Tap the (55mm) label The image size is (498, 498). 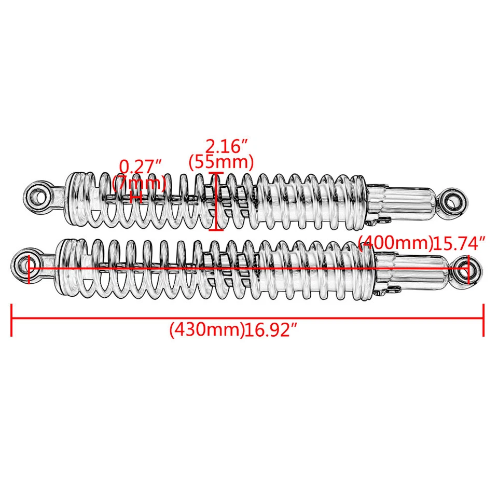pyautogui.click(x=221, y=162)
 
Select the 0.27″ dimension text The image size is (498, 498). pyautogui.click(x=141, y=167)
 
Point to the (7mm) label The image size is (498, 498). pyautogui.click(x=139, y=183)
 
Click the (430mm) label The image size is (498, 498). pyautogui.click(x=206, y=330)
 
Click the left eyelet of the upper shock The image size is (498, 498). pyautogui.click(x=39, y=196)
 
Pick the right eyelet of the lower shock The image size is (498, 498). pyautogui.click(x=470, y=268)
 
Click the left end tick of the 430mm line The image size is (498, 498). pyautogui.click(x=11, y=320)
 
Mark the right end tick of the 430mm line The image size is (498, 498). pyautogui.click(x=483, y=320)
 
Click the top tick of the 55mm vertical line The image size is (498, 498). pyautogui.click(x=217, y=174)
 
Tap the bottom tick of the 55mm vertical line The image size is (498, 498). pyautogui.click(x=217, y=229)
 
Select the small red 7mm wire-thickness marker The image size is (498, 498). pyautogui.click(x=136, y=197)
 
